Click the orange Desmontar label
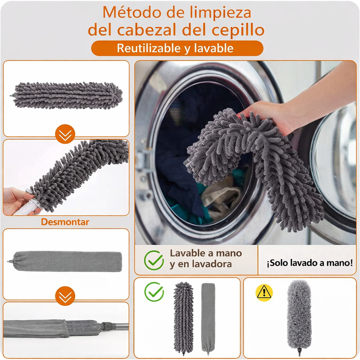pyautogui.click(x=65, y=222)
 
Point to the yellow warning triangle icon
pyautogui.click(x=264, y=292)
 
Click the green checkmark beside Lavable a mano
pyautogui.click(x=154, y=260)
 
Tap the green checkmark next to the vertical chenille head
pyautogui.click(x=154, y=291)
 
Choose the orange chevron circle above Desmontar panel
pyautogui.click(x=65, y=134)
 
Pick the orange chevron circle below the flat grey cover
pyautogui.click(x=65, y=296)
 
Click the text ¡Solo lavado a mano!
pyautogui.click(x=309, y=263)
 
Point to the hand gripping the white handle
pyautogui.click(x=18, y=200)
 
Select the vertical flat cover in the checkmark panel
pyautogui.click(x=208, y=318)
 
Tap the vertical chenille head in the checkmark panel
pyautogui.click(x=183, y=318)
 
